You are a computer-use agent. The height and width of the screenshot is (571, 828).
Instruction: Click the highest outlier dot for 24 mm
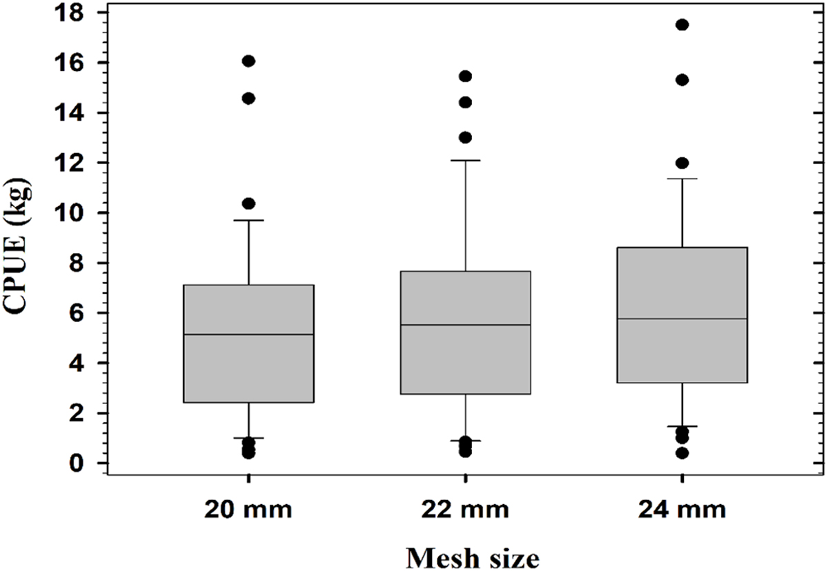tap(682, 25)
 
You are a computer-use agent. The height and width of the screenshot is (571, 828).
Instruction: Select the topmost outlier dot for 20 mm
tap(248, 61)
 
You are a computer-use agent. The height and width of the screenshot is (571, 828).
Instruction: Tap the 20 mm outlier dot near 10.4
tap(248, 203)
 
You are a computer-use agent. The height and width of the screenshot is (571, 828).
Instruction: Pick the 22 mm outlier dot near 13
tap(466, 137)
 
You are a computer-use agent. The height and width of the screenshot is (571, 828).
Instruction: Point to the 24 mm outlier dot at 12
tap(682, 163)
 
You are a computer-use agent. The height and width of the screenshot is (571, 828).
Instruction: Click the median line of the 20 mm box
tap(248, 334)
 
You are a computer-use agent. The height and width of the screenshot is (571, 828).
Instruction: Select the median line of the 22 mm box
tap(466, 325)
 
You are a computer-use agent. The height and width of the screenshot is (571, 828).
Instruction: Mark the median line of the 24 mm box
tap(682, 319)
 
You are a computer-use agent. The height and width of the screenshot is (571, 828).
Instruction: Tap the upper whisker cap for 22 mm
tap(466, 160)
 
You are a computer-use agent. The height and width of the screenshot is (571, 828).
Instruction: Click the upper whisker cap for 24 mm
tap(682, 179)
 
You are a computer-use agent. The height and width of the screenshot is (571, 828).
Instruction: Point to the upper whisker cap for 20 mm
tap(248, 220)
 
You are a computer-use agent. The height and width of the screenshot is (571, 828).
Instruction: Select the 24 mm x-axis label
tap(682, 511)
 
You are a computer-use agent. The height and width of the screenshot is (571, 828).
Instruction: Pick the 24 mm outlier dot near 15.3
tap(682, 80)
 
